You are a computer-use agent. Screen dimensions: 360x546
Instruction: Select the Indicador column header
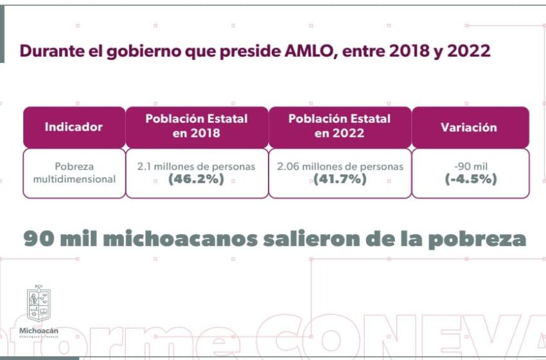[x=73, y=127]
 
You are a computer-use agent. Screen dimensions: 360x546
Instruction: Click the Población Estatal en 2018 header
[x=197, y=126]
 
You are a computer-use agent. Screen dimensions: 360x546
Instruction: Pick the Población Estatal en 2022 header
[x=339, y=126]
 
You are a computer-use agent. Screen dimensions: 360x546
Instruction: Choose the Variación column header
[x=469, y=127]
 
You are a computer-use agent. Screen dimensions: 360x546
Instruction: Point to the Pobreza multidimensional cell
[x=75, y=173]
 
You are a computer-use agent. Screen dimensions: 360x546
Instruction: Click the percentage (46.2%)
[x=196, y=180]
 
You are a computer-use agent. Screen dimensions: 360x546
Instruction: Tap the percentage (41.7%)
[x=340, y=180]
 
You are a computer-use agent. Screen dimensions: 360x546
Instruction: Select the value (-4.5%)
[x=470, y=180]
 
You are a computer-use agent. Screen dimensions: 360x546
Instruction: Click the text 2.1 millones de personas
[x=196, y=166]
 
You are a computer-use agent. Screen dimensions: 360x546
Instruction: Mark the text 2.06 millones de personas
[x=340, y=166]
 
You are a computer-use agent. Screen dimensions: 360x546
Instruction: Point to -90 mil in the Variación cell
[x=470, y=166]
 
